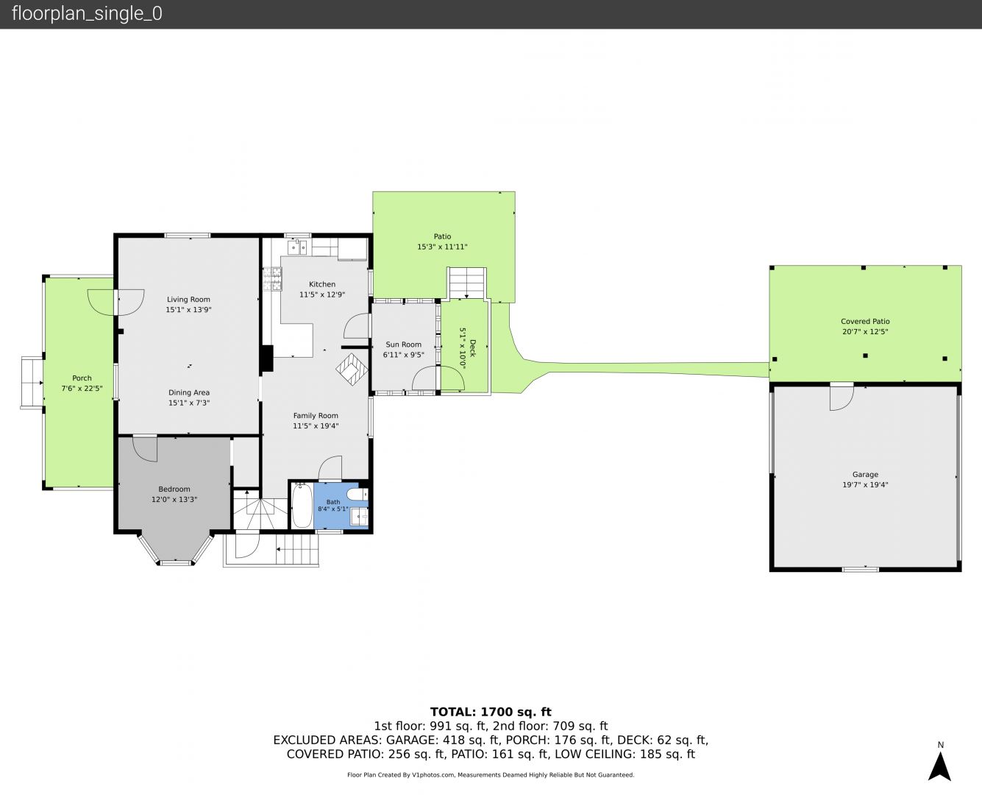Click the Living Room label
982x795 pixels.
point(188,300)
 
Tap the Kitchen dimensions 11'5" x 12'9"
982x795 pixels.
point(321,294)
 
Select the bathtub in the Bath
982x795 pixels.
point(302,505)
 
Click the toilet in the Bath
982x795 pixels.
point(357,495)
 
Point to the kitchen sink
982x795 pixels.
point(297,247)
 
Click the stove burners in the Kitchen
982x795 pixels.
point(272,279)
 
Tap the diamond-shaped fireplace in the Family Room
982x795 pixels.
point(352,369)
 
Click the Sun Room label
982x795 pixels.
point(403,344)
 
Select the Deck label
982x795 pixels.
point(472,348)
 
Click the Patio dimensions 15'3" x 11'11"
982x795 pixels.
point(442,247)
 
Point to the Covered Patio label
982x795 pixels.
point(865,322)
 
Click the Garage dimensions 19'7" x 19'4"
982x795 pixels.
point(865,484)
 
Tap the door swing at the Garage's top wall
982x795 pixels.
point(842,397)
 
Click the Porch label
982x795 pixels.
point(82,378)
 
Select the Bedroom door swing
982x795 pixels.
point(145,449)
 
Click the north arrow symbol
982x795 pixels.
point(939,766)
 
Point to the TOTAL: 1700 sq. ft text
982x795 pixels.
point(491,712)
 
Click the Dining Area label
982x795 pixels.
point(188,392)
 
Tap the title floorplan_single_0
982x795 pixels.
point(87,14)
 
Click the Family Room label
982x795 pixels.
point(316,416)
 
